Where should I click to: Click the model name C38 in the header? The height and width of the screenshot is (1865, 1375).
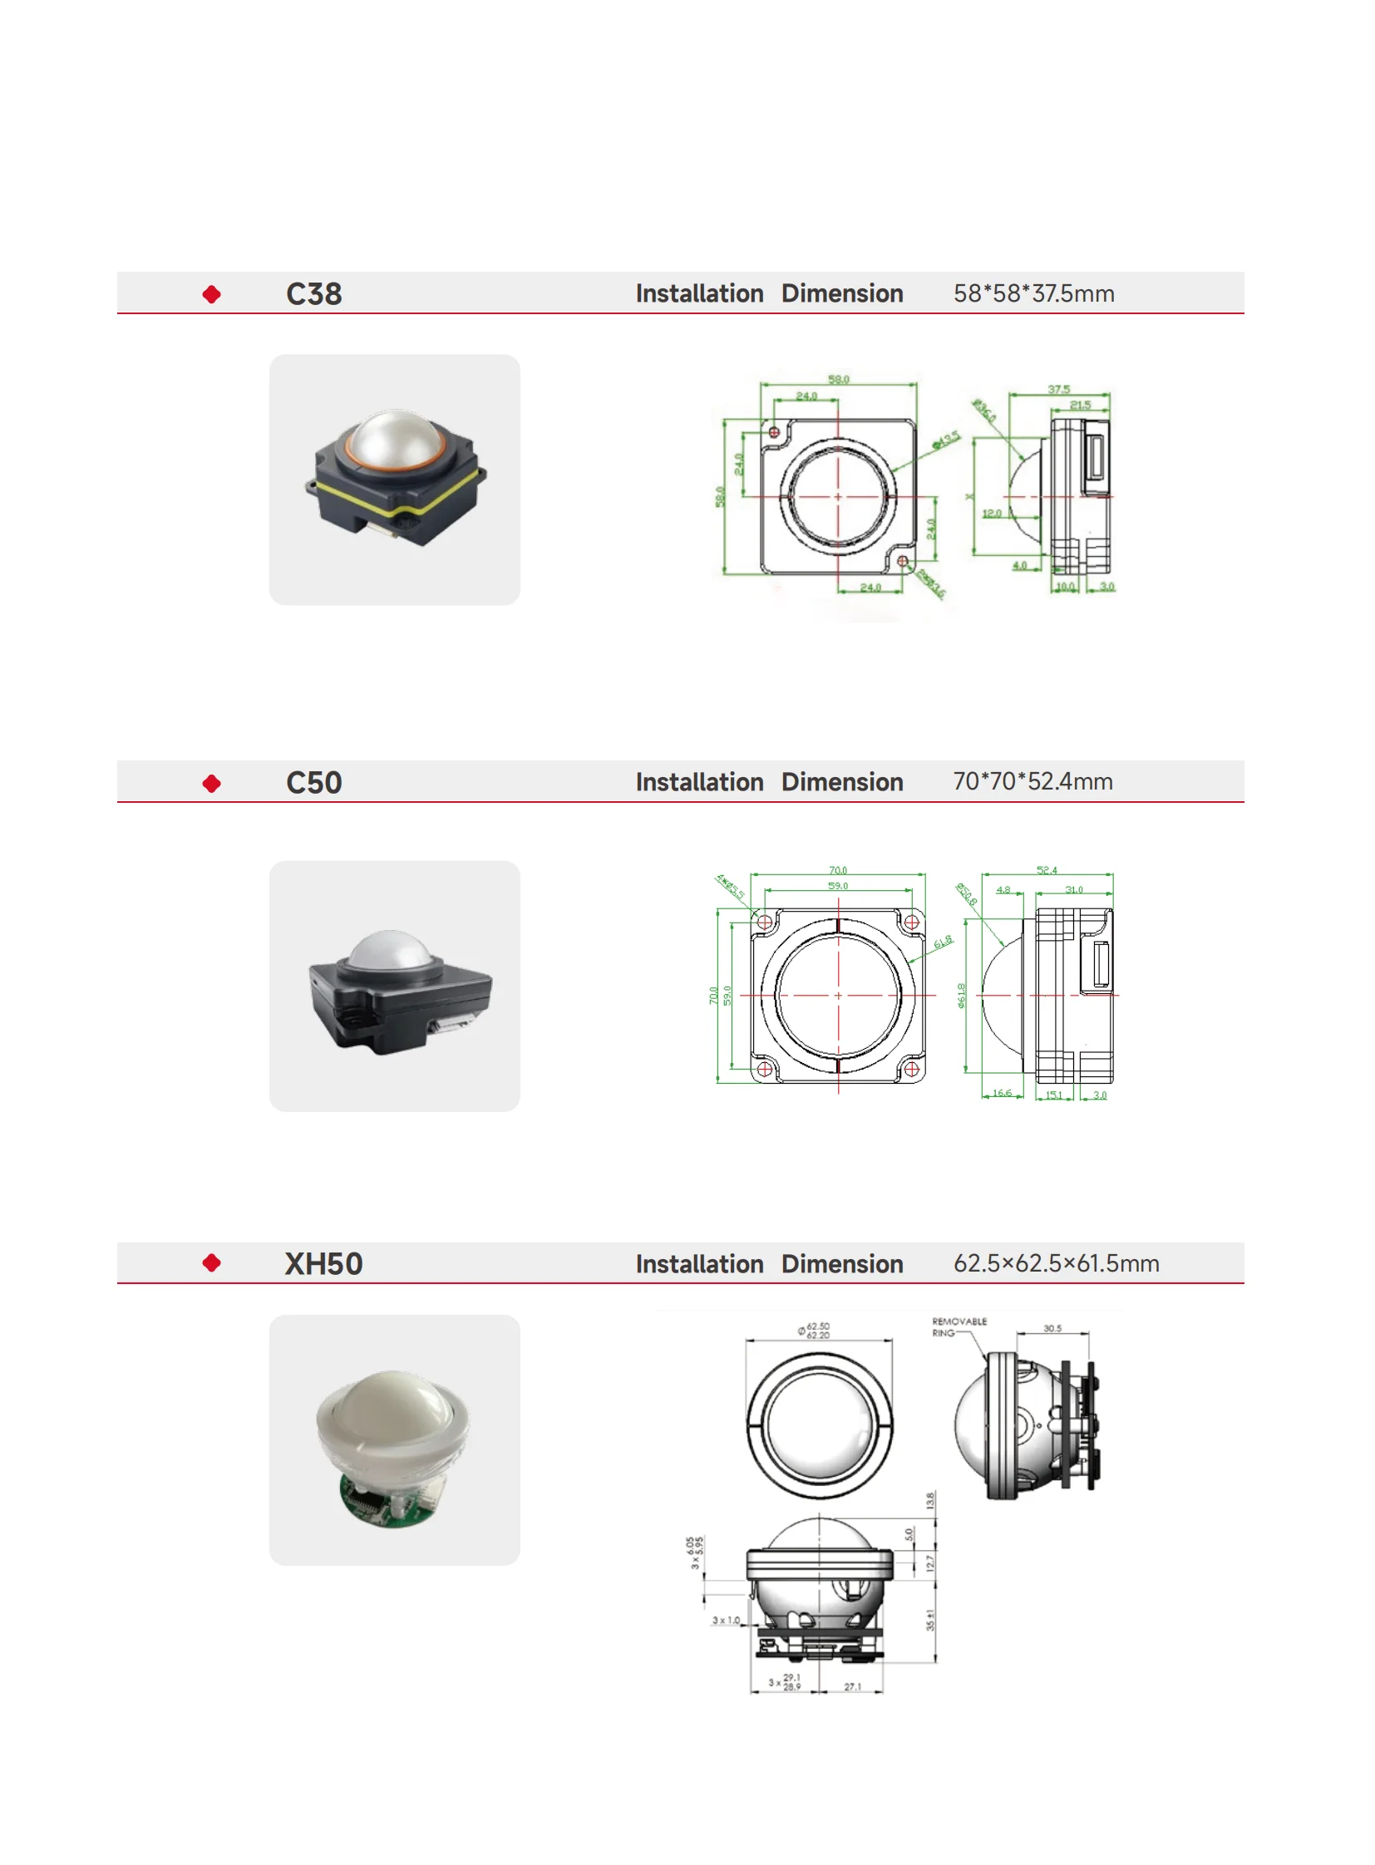tap(313, 293)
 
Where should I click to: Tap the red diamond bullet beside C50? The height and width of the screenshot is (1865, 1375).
tap(211, 783)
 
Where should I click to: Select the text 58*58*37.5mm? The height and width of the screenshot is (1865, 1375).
tap(1033, 293)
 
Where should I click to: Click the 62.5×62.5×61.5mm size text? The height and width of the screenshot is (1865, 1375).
tap(1056, 1263)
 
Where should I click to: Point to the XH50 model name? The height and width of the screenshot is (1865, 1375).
tap(323, 1263)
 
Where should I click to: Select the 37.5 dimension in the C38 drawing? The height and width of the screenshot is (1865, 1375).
tap(1058, 389)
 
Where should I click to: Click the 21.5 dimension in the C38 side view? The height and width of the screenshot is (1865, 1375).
tap(1080, 405)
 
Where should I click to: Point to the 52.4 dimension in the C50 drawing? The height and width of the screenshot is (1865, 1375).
tap(1047, 869)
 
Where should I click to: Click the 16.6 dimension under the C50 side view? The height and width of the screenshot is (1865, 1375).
tap(1002, 1093)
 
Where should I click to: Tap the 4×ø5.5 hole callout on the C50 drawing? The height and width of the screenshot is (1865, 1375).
tap(730, 885)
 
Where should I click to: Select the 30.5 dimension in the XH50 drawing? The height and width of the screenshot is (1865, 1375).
tap(1052, 1328)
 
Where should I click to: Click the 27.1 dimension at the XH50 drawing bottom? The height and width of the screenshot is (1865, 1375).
tap(852, 1686)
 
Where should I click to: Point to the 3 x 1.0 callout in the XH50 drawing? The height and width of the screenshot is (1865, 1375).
tap(725, 1620)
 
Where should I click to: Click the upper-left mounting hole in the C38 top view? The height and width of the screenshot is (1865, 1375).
tap(774, 432)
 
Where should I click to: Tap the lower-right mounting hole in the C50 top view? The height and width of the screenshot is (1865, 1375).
tap(911, 1069)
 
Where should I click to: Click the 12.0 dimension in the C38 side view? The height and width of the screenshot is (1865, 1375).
tap(991, 514)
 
